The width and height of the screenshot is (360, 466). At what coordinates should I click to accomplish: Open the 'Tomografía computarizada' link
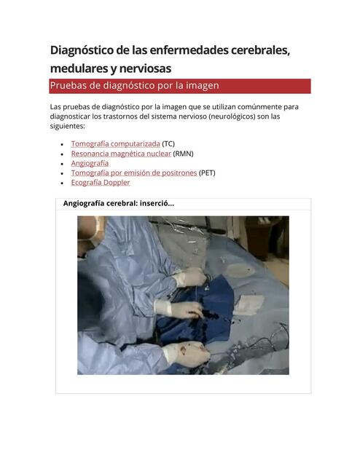point(115,144)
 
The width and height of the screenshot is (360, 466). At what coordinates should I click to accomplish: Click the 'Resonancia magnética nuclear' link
point(121,154)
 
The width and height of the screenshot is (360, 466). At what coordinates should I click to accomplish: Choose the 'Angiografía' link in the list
point(90,163)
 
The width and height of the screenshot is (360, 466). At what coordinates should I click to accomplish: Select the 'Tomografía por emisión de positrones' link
point(133,173)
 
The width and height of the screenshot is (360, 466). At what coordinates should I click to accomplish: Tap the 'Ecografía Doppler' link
point(100,182)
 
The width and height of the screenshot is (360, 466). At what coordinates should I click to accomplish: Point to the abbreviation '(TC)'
point(168,144)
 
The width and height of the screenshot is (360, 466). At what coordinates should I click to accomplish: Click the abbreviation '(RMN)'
point(184,154)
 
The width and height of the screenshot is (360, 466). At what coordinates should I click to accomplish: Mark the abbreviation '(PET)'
point(207,173)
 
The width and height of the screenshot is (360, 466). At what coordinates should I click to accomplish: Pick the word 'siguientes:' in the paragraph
point(70,125)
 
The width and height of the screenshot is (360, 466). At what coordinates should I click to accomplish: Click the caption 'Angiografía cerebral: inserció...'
point(119,203)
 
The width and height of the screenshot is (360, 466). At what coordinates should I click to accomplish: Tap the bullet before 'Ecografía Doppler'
point(63,183)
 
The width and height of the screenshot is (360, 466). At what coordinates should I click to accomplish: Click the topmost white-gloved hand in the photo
point(191,277)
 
